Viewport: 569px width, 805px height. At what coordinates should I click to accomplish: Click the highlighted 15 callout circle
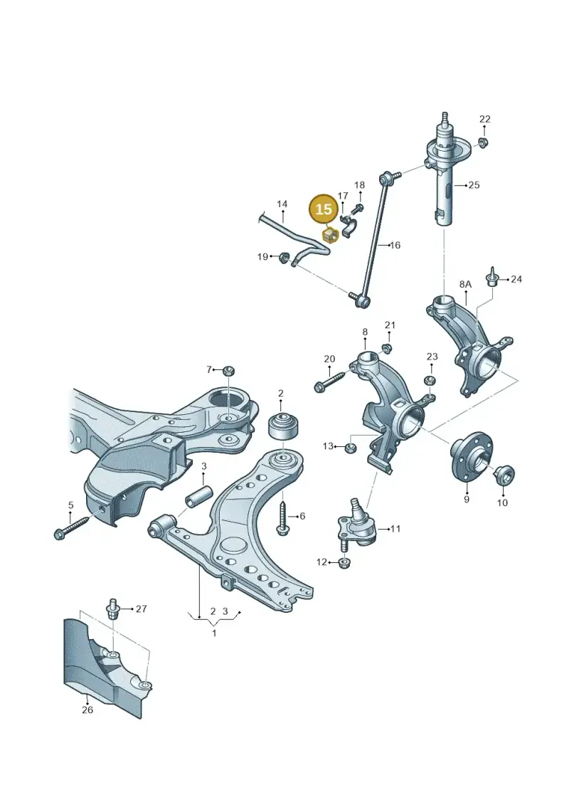[x=324, y=209]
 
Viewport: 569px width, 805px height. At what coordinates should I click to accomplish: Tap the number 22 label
[x=485, y=119]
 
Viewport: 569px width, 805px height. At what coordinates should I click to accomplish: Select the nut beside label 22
[x=482, y=142]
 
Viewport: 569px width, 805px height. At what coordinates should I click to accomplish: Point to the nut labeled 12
[x=345, y=563]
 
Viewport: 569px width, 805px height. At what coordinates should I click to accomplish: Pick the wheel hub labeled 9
[x=467, y=456]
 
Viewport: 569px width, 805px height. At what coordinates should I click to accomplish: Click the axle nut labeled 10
[x=504, y=474]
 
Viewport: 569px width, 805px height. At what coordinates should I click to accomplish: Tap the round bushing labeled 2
[x=284, y=426]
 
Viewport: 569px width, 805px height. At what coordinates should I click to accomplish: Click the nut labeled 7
[x=229, y=369]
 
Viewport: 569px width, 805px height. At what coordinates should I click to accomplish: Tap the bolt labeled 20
[x=333, y=379]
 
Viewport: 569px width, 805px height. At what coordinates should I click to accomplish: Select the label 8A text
[x=465, y=284]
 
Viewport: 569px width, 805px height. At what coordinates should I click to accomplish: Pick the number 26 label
[x=87, y=710]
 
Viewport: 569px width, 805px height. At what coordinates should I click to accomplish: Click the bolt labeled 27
[x=112, y=611]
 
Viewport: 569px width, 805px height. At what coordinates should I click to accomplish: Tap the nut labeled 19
[x=283, y=256]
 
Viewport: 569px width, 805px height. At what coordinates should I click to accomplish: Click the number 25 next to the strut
[x=474, y=185]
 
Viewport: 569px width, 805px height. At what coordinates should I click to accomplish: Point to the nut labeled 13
[x=350, y=447]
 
